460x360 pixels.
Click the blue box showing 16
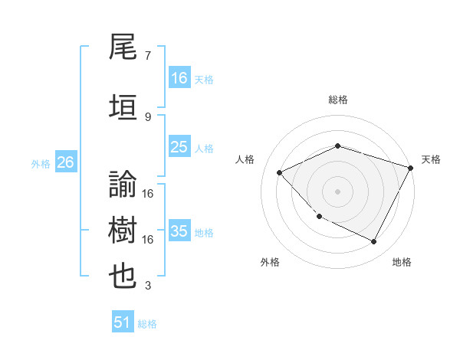pyautogui.click(x=179, y=77)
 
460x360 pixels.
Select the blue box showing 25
pyautogui.click(x=179, y=147)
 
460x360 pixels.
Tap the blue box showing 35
pyautogui.click(x=179, y=231)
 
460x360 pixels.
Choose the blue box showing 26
pyautogui.click(x=65, y=162)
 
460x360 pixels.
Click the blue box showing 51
pyautogui.click(x=123, y=322)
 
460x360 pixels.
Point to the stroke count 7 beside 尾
pyautogui.click(x=147, y=56)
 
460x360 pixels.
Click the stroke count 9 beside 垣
pyautogui.click(x=147, y=116)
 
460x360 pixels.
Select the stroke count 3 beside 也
pyautogui.click(x=147, y=286)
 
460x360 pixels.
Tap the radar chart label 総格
pyautogui.click(x=338, y=100)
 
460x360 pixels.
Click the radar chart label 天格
pyautogui.click(x=431, y=159)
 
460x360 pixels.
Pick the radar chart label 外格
pyautogui.click(x=270, y=262)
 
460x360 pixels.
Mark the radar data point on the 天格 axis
pyautogui.click(x=412, y=167)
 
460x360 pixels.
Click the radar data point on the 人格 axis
pyautogui.click(x=280, y=172)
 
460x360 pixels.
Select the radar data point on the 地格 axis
pyautogui.click(x=374, y=242)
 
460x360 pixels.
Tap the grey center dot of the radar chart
pyautogui.click(x=338, y=191)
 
